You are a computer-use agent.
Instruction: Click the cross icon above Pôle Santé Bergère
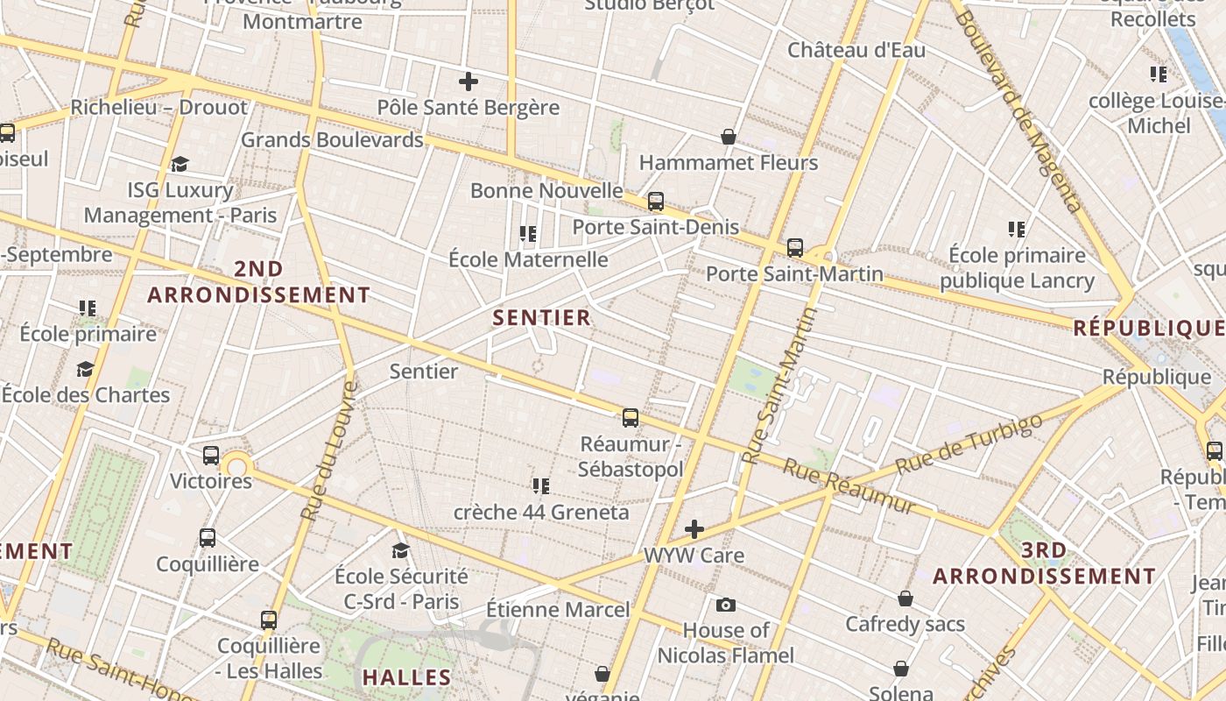tap(469, 81)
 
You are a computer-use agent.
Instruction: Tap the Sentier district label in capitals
tap(542, 317)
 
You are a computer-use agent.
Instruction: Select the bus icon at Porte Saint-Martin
tap(795, 248)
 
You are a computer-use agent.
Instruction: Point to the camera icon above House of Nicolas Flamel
tap(725, 605)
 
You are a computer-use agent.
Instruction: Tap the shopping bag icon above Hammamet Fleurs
tap(728, 137)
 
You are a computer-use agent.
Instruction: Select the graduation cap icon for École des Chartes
tap(85, 369)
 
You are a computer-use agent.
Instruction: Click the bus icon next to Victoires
tap(210, 456)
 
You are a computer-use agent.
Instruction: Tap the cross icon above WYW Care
tap(694, 529)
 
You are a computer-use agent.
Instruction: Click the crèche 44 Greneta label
tap(541, 512)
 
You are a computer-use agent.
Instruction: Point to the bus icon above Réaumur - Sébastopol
tap(631, 418)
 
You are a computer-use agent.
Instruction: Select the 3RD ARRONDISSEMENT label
tap(1044, 563)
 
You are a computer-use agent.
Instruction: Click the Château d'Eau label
tap(856, 50)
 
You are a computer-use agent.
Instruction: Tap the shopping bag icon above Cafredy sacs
tap(905, 598)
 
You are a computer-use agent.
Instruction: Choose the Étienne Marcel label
tap(558, 609)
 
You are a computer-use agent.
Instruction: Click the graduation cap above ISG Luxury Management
tap(180, 164)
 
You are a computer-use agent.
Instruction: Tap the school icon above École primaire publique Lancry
tap(1016, 230)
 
